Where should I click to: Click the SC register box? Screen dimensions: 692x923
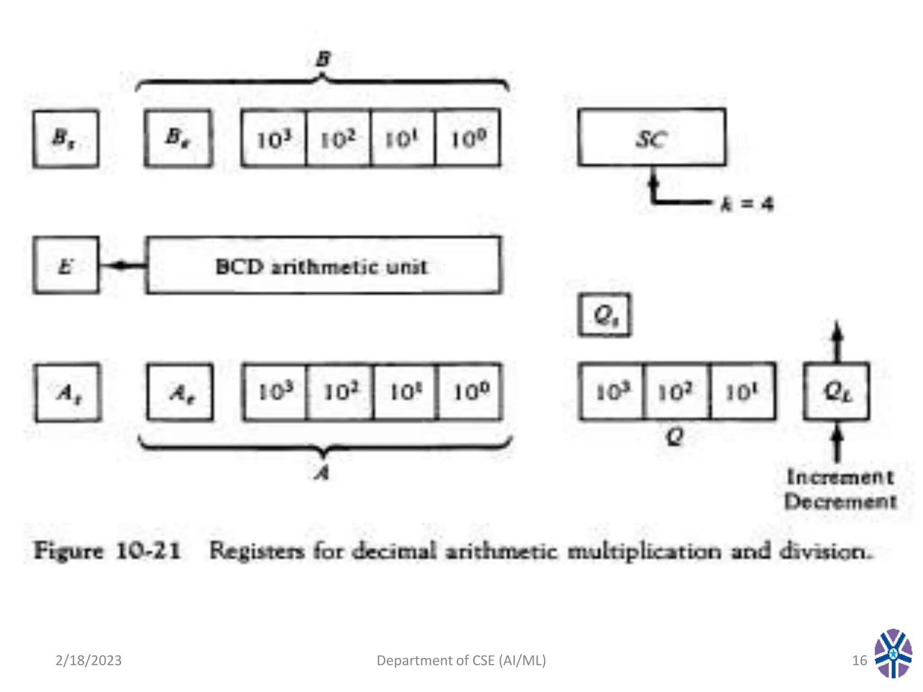652,137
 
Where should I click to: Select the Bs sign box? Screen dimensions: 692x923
66,139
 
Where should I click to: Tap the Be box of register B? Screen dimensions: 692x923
178,138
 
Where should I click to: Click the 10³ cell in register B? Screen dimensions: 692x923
274,138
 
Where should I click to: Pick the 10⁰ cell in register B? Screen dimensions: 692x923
468,138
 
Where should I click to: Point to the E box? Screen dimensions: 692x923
66,265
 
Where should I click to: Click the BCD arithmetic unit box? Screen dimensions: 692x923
323,265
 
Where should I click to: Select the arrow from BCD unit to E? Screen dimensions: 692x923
122,265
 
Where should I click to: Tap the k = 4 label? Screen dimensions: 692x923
747,204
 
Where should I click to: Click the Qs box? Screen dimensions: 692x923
605,314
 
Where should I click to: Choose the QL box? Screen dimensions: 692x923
836,391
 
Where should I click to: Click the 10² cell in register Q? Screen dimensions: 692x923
676,391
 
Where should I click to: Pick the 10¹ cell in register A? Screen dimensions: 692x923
405,392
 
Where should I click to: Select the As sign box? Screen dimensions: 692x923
68,392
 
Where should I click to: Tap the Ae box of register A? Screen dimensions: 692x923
180,392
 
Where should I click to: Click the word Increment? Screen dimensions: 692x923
840,477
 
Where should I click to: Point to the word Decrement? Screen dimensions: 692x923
840,501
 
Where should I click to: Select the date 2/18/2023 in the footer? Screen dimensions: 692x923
88,660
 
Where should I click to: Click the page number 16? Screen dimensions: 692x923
859,660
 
